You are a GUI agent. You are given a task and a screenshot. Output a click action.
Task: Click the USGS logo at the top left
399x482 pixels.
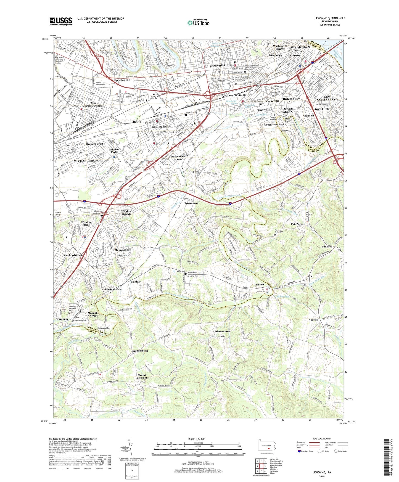(x=61, y=21)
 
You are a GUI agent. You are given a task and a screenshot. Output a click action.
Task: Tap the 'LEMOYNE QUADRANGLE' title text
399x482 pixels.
(x=330, y=18)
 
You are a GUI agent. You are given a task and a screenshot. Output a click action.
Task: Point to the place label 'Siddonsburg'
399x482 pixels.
(x=140, y=351)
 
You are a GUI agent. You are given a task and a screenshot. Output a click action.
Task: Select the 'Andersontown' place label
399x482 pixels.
(x=221, y=331)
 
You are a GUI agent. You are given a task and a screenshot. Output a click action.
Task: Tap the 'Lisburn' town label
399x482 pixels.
(x=259, y=284)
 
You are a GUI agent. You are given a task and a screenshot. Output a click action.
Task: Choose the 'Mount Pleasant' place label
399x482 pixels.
(x=142, y=377)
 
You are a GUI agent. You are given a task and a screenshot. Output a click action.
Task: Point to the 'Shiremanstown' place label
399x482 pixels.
(x=162, y=127)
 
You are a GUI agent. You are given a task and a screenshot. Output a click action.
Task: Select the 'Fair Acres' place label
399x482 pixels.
(x=297, y=224)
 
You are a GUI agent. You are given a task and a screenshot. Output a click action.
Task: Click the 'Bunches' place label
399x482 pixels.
(x=327, y=247)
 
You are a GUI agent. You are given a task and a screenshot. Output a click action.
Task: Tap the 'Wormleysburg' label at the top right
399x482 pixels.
(x=300, y=47)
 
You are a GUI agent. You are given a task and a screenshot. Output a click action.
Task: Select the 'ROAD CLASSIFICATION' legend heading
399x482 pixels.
(x=322, y=439)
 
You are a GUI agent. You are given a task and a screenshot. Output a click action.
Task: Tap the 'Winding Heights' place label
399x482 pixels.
(x=126, y=213)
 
